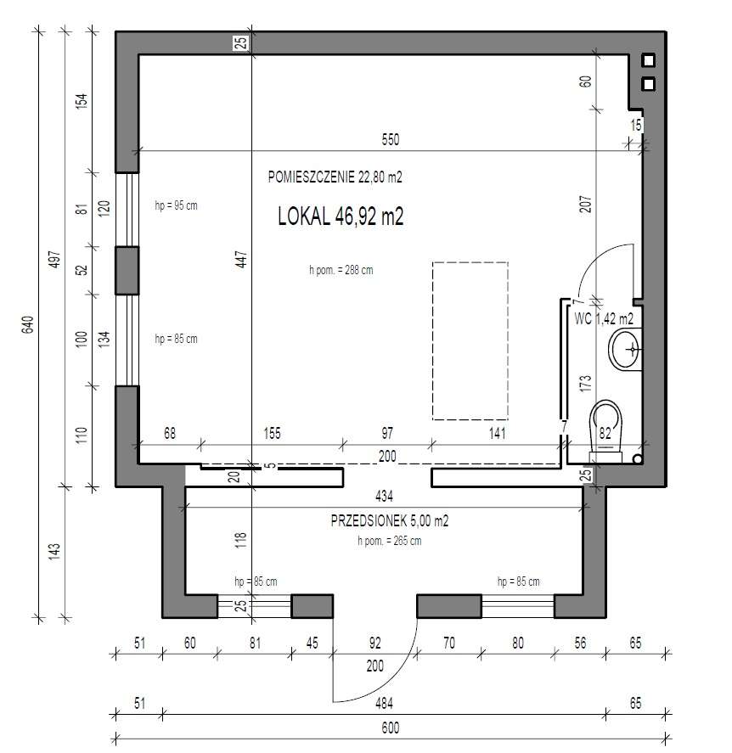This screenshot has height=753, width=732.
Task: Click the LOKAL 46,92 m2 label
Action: [340, 217]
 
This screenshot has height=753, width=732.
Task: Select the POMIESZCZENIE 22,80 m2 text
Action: [334, 177]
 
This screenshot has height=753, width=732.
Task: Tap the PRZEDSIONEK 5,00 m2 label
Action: [389, 521]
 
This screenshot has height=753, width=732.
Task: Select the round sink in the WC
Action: [628, 348]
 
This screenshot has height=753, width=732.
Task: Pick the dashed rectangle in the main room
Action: [470, 340]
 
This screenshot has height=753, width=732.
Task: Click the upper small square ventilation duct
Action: [649, 60]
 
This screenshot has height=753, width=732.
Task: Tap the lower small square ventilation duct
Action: [649, 84]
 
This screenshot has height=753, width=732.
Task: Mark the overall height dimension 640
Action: [26, 324]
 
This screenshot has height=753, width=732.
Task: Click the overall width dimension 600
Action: [390, 728]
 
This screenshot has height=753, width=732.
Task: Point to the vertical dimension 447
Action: [241, 261]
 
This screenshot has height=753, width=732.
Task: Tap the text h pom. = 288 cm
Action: [341, 271]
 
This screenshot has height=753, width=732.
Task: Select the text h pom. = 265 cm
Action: [389, 541]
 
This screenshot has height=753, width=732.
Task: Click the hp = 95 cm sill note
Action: [176, 206]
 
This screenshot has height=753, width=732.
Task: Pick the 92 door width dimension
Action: [374, 643]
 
